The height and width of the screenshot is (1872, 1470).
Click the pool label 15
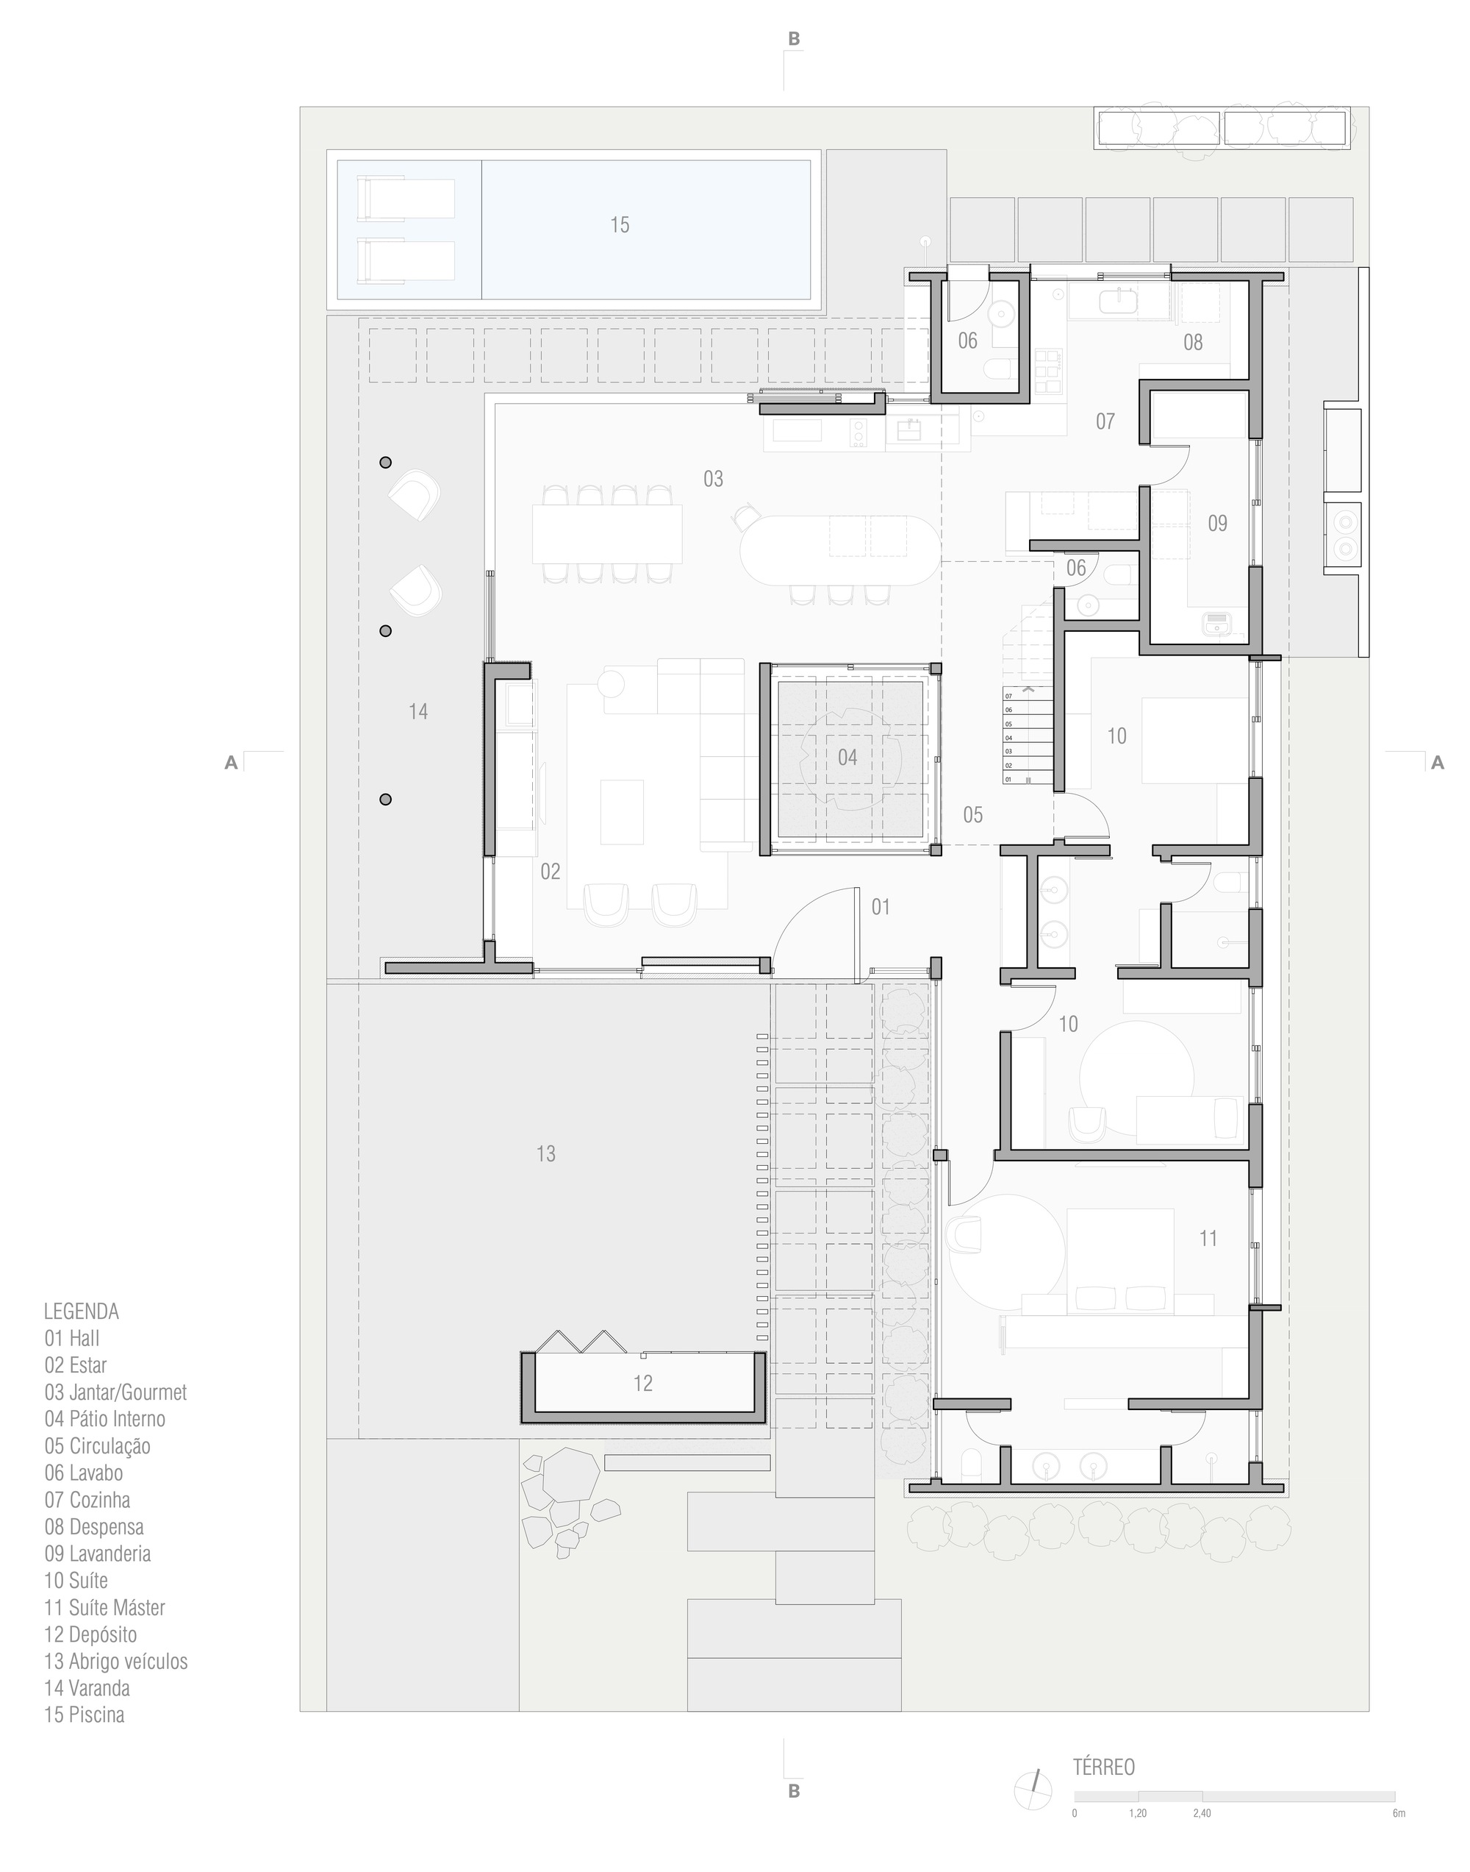pyautogui.click(x=620, y=226)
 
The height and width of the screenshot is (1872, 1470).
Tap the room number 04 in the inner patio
pyautogui.click(x=847, y=758)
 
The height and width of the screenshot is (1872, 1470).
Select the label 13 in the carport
pyautogui.click(x=545, y=1154)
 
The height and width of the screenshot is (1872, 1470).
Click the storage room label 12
pyautogui.click(x=642, y=1384)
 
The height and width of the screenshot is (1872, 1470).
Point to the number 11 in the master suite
pyautogui.click(x=1208, y=1238)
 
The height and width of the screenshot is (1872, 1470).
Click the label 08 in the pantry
pyautogui.click(x=1192, y=343)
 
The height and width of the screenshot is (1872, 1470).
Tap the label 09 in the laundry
pyautogui.click(x=1217, y=524)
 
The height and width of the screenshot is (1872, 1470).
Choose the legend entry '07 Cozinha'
pyautogui.click(x=87, y=1500)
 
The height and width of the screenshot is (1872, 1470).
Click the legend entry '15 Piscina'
pyautogui.click(x=85, y=1715)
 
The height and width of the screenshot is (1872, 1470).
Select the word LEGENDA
pyautogui.click(x=81, y=1312)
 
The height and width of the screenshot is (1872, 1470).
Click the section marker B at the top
pyautogui.click(x=794, y=39)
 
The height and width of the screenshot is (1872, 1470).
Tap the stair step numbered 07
pyautogui.click(x=1008, y=696)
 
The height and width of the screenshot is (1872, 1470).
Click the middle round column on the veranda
pyautogui.click(x=386, y=631)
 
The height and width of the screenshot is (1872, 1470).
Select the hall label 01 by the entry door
pyautogui.click(x=880, y=907)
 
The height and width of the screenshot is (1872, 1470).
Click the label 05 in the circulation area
pyautogui.click(x=972, y=816)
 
